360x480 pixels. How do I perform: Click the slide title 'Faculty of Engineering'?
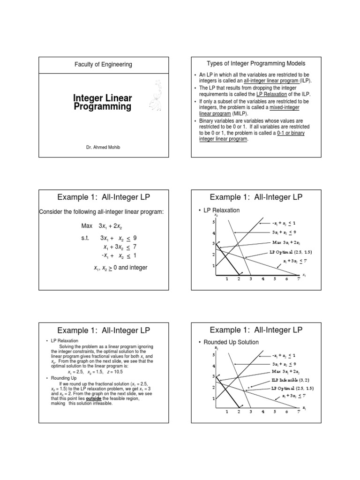(x=104, y=65)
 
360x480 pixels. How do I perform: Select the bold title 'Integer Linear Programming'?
(x=103, y=102)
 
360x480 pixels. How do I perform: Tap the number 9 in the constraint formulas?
(x=135, y=238)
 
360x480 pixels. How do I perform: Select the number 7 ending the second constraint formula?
(x=135, y=247)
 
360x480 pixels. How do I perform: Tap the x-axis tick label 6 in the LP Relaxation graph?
(x=286, y=278)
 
